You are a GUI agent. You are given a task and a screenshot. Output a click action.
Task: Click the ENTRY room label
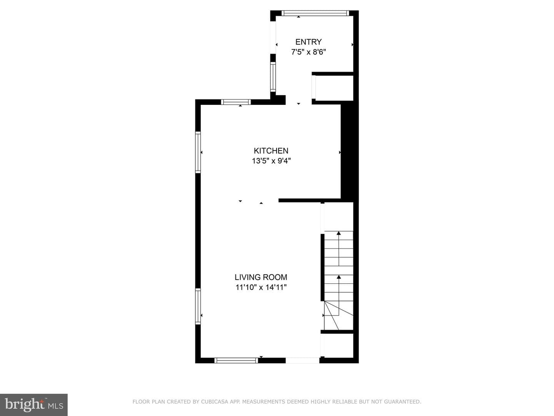coord(309,42)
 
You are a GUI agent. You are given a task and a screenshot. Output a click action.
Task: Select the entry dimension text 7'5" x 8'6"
coord(309,52)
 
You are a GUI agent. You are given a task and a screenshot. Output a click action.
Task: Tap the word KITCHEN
coord(271,151)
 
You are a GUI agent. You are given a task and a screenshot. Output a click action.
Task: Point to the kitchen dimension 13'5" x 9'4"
coord(271,161)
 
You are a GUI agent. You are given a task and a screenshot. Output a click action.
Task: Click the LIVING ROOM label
coord(261,277)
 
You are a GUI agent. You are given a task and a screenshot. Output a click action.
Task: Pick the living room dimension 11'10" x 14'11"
coord(261,287)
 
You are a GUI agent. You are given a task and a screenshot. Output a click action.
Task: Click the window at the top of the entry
coord(315,13)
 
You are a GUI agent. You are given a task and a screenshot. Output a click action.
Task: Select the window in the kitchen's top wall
coord(236,102)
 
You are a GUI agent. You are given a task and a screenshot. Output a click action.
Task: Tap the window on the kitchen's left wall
coord(198,152)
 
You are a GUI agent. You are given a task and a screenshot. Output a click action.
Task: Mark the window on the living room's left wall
coord(198,306)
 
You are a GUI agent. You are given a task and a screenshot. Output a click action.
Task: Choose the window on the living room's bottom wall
coord(236,361)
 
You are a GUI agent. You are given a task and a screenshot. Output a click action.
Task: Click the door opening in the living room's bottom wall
coord(302,361)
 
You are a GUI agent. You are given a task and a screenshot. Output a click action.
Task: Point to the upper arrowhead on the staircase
coord(339,233)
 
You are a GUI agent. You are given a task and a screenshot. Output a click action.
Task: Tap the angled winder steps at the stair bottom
coord(339,315)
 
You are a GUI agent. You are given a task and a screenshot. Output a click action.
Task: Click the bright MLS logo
coord(34,404)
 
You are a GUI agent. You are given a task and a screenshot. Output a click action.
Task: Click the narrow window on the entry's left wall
coord(273,77)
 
